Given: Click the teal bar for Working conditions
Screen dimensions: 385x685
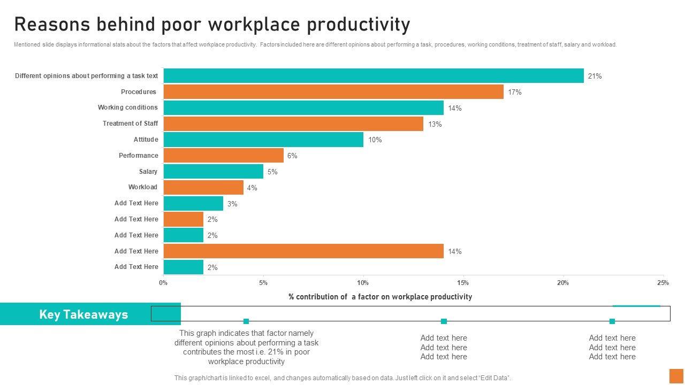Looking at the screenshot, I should [x=303, y=108].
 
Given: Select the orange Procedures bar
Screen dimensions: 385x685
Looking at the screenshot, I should [x=333, y=92].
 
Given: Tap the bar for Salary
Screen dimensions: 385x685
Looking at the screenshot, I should [x=213, y=172].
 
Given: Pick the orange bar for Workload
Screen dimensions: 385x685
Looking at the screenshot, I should [x=203, y=188].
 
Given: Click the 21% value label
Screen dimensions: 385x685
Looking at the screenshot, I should [x=595, y=76].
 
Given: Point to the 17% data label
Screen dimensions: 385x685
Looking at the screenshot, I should [x=515, y=93].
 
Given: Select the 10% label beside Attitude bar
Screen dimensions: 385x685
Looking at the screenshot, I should [x=375, y=140].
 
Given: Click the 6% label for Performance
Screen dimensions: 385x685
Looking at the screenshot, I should [x=292, y=156].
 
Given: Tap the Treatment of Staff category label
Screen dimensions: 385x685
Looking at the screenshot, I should [x=130, y=124].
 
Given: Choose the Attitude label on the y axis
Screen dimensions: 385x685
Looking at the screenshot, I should [x=146, y=140].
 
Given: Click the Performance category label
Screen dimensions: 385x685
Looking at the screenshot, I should [x=138, y=156].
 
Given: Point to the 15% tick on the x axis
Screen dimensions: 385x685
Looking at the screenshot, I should [x=463, y=283].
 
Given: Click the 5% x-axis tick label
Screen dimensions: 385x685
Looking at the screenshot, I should [x=263, y=283].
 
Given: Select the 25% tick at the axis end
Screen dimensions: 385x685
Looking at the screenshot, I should [x=663, y=283].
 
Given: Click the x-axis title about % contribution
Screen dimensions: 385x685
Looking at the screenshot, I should [x=380, y=297].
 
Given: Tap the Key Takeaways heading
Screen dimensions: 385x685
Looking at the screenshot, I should [x=83, y=314].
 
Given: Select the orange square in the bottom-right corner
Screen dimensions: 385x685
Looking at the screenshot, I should [x=676, y=375].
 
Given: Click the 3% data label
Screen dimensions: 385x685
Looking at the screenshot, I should [x=232, y=204].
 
